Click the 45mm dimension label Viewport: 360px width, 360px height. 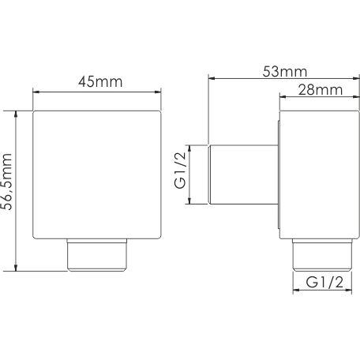tap(100, 82)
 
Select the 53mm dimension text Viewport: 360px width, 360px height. tap(285, 72)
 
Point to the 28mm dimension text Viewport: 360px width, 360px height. tap(321, 90)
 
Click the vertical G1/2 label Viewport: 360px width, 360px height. tap(180, 170)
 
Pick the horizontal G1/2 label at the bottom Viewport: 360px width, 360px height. tap(324, 283)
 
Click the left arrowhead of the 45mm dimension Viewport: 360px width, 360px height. tap(36, 92)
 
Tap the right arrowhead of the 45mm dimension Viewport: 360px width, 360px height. tap(158, 92)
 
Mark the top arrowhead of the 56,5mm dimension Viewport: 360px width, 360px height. tap(16, 114)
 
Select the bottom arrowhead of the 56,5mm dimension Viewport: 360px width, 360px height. tap(16, 268)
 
